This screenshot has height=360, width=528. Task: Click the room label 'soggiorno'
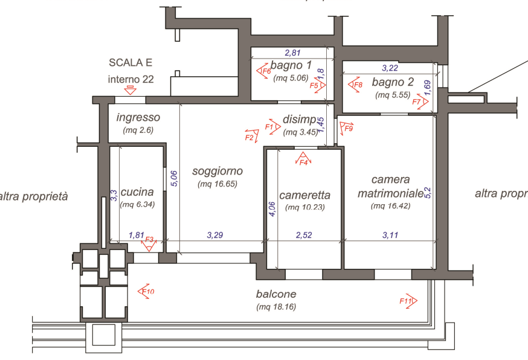click(217, 172)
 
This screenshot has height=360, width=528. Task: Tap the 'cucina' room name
click(137, 192)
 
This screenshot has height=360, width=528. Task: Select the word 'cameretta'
click(304, 195)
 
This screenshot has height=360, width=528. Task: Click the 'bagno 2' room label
click(393, 82)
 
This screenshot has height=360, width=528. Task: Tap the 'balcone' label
click(275, 294)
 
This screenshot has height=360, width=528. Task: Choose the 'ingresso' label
click(138, 117)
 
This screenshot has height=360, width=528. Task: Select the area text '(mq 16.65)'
click(217, 184)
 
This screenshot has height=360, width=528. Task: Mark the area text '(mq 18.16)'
click(275, 307)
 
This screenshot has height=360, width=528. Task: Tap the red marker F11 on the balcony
click(408, 301)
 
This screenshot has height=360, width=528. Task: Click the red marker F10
click(147, 292)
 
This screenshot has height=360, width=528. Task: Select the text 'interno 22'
click(130, 79)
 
